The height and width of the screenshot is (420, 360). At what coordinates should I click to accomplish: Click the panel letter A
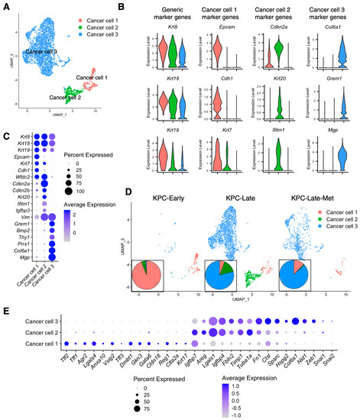click(x=6, y=6)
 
